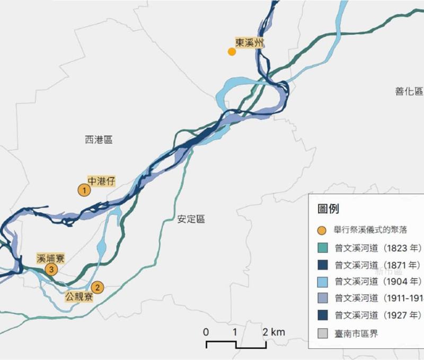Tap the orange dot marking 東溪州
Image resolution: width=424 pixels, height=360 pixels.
click(x=232, y=51)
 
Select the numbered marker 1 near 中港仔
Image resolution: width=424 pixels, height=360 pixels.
click(x=84, y=190)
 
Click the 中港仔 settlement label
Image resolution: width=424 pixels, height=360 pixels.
click(x=101, y=181)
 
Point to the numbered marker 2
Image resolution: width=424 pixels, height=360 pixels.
click(x=97, y=287)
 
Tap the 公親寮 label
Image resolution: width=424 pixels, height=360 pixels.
click(x=79, y=296)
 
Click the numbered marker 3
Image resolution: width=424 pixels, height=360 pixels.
click(x=51, y=270)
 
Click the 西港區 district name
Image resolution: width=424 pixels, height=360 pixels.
click(x=99, y=140)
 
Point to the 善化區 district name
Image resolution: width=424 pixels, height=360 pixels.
click(x=409, y=91)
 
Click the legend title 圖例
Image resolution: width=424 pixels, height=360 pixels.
click(x=329, y=209)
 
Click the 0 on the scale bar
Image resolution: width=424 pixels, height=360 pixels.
click(x=206, y=332)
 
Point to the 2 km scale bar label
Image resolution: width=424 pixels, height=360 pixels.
click(x=275, y=332)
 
